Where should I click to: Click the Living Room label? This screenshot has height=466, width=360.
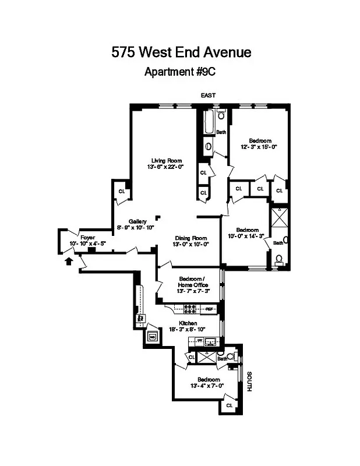167,161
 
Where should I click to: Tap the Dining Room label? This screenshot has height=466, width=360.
191,238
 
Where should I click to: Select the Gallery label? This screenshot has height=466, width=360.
138,221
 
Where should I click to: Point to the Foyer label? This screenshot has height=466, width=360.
87,237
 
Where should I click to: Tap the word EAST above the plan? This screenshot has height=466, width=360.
208,94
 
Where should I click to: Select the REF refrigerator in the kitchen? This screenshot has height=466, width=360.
209,308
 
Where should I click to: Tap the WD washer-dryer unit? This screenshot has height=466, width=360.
152,336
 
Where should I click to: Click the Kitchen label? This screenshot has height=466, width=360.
188,323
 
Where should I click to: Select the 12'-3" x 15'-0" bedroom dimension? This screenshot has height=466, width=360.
260,147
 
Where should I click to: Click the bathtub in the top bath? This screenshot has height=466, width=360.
208,122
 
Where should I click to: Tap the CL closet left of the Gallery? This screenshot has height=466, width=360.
122,191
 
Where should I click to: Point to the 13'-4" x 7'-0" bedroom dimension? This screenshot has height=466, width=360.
207,385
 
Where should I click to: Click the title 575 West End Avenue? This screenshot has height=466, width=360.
181,52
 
